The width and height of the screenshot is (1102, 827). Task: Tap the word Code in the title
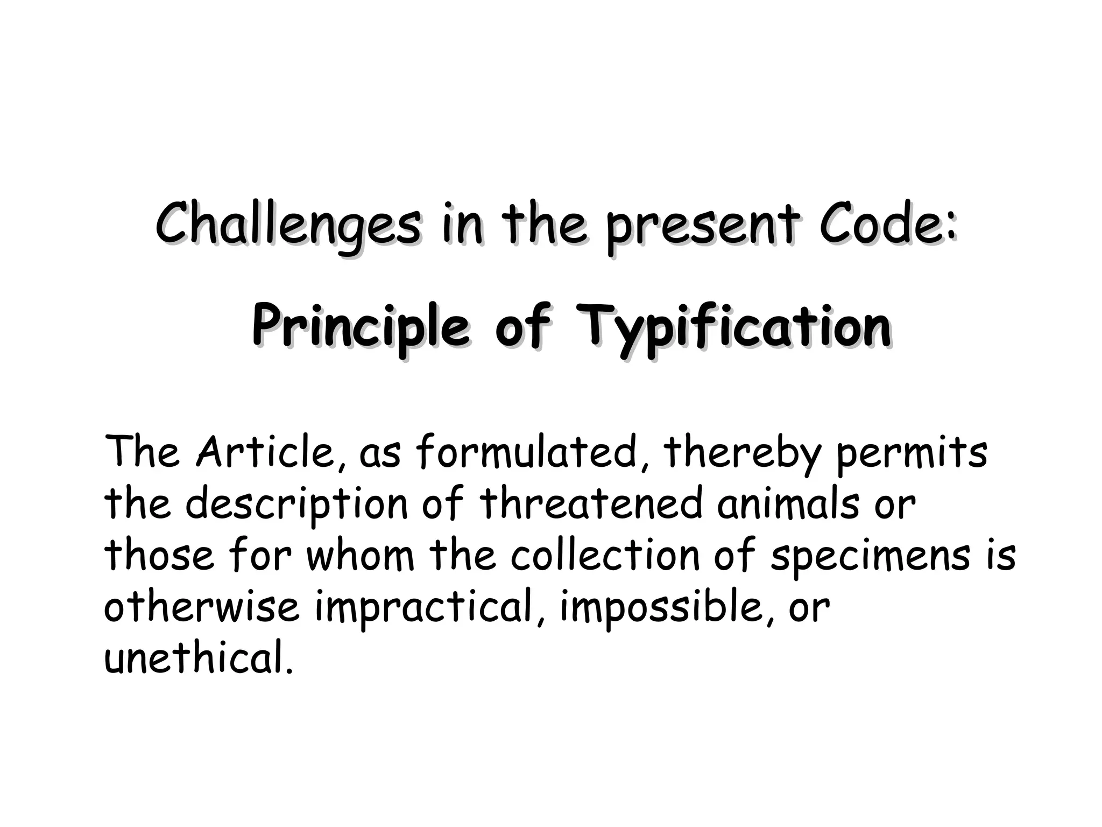click(x=887, y=223)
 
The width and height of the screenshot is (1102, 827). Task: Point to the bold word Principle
click(x=361, y=327)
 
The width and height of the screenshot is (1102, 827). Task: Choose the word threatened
click(x=591, y=504)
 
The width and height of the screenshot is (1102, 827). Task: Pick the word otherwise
click(x=201, y=607)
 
